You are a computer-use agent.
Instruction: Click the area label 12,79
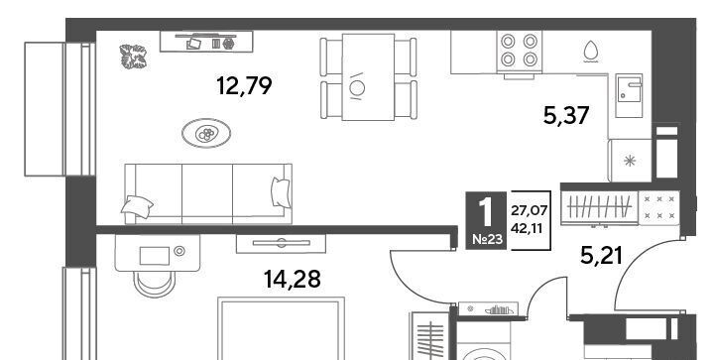click(x=244, y=85)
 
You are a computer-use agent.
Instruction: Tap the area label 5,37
click(x=566, y=115)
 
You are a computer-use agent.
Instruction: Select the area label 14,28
click(x=292, y=279)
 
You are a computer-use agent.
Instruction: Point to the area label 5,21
click(x=601, y=255)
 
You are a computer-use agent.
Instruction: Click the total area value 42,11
click(x=527, y=228)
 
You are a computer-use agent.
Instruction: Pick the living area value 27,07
click(x=529, y=210)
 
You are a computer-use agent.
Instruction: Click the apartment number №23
click(x=486, y=239)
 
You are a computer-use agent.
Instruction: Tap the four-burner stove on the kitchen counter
click(x=519, y=52)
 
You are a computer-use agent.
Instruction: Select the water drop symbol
click(x=590, y=52)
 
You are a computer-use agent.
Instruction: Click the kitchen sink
click(x=629, y=95)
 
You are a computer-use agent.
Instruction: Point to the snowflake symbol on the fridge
click(x=630, y=161)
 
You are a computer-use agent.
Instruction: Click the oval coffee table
click(x=206, y=133)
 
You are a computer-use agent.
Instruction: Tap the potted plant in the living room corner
click(x=134, y=57)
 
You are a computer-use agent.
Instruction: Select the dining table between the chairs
click(x=368, y=77)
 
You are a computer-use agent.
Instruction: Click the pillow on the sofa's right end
click(x=281, y=192)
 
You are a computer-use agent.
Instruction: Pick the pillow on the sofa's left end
click(x=137, y=207)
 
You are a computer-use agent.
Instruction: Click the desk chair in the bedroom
click(x=155, y=284)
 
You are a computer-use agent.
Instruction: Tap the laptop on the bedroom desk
click(x=155, y=256)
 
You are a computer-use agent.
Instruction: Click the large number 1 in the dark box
click(x=485, y=212)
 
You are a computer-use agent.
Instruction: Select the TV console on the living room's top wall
click(x=206, y=42)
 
